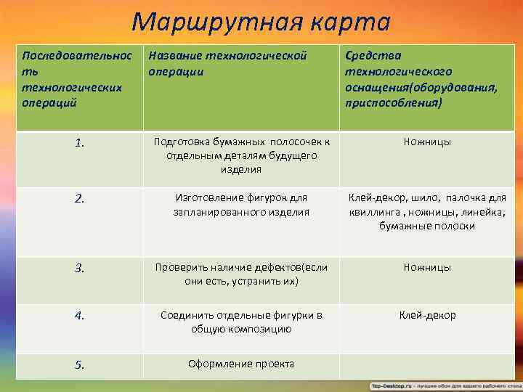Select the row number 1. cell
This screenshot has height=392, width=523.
click(x=79, y=142)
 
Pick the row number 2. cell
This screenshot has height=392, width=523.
click(x=79, y=197)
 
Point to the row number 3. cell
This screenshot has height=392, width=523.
click(x=79, y=268)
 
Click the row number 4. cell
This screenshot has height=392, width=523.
click(x=79, y=316)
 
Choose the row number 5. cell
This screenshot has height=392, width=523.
click(x=79, y=365)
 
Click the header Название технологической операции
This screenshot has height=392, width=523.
click(x=227, y=63)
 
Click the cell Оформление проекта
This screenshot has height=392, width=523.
click(x=240, y=364)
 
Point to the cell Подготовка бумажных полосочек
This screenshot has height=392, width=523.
click(x=240, y=155)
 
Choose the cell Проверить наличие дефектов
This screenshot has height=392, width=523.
click(x=240, y=274)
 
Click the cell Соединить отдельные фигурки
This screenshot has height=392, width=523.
click(x=240, y=322)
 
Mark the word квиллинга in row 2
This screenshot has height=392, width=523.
click(x=373, y=211)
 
